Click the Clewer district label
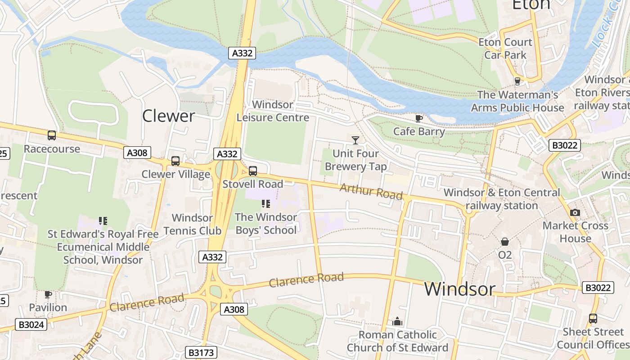pos(168,116)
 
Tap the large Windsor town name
pos(459,289)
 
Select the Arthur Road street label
pos(371,191)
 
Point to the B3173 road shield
pos(201,352)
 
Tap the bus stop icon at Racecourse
pos(52,135)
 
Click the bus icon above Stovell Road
pos(253,171)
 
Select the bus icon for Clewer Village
pos(175,161)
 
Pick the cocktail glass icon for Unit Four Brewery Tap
pos(355,140)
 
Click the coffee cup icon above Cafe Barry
pos(418,118)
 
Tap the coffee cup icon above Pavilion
pos(48,294)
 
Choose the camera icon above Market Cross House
pos(575,212)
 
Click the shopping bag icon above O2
pos(505,242)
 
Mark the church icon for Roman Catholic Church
pos(397,321)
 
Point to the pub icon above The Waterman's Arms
pos(517,81)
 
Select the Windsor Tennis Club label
pos(192,224)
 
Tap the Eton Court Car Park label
pos(505,48)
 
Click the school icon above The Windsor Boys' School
pos(265,204)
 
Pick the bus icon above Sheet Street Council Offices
pos(593,319)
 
